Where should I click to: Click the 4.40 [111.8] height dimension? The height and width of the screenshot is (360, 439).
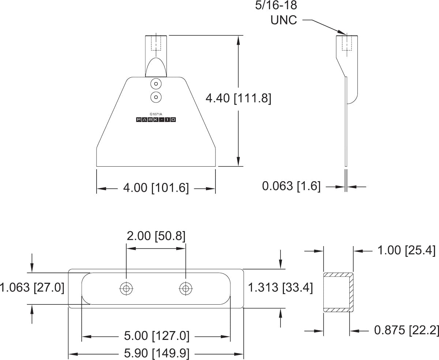pyautogui.click(x=238, y=98)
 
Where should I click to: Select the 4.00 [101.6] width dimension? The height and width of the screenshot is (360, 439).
pyautogui.click(x=156, y=188)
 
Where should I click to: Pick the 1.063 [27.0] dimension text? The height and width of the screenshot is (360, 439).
pyautogui.click(x=32, y=287)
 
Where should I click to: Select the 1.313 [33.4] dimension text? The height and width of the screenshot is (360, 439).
pyautogui.click(x=280, y=288)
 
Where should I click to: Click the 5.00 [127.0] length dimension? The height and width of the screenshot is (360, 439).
pyautogui.click(x=157, y=336)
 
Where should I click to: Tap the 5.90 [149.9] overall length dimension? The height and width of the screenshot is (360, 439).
pyautogui.click(x=157, y=354)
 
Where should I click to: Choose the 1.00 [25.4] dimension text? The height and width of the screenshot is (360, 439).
pyautogui.click(x=406, y=251)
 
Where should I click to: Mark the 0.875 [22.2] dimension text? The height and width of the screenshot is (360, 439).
pyautogui.click(x=406, y=330)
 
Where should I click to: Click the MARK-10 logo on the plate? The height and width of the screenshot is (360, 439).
pyautogui.click(x=156, y=120)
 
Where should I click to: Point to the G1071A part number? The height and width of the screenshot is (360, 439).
pyautogui.click(x=156, y=114)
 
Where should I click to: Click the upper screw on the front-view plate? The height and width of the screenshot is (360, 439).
pyautogui.click(x=156, y=84)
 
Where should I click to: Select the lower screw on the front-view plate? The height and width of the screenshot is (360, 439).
pyautogui.click(x=156, y=97)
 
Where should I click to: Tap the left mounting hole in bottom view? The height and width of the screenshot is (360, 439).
pyautogui.click(x=126, y=289)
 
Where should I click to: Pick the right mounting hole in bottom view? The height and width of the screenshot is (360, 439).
pyautogui.click(x=186, y=289)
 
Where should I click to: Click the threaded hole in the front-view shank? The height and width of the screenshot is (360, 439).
pyautogui.click(x=156, y=42)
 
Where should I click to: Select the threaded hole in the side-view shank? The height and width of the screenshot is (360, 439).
pyautogui.click(x=346, y=42)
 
